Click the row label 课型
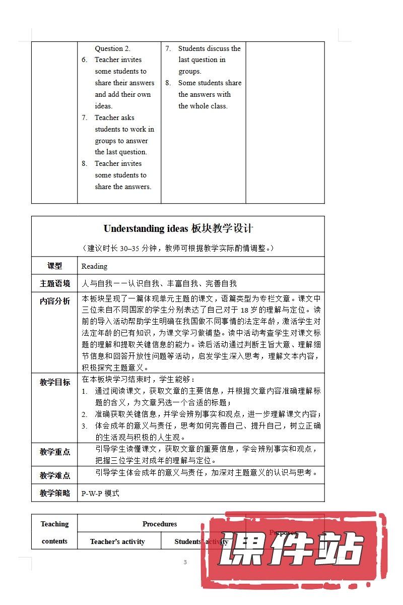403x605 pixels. [x=54, y=266]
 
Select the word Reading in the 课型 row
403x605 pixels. [x=94, y=266]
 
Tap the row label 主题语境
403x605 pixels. [x=55, y=283]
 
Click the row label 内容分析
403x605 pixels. [x=55, y=301]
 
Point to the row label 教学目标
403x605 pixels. [x=55, y=382]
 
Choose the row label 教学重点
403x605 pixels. [x=55, y=452]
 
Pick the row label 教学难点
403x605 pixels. [x=55, y=475]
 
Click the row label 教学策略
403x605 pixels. [x=55, y=493]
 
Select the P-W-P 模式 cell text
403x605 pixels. [x=100, y=493]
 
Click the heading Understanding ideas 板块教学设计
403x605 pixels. [x=178, y=228]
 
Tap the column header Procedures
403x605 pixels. [x=159, y=524]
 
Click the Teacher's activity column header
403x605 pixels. [x=117, y=541]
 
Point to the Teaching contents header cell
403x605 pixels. [x=54, y=532]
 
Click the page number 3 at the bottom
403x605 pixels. [x=185, y=562]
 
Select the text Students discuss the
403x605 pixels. [x=209, y=48]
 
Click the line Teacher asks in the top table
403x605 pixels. [x=114, y=117]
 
